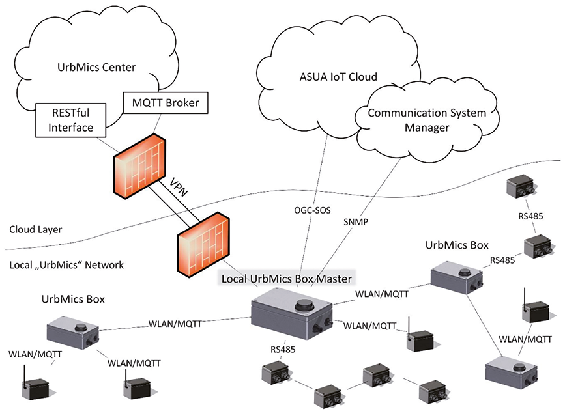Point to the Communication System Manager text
coord(427,120)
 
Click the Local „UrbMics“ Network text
coord(66,265)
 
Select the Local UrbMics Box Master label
coord(287,279)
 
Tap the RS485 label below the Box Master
coord(283,350)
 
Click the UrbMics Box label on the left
coord(73,300)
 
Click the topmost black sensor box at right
coord(522,186)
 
